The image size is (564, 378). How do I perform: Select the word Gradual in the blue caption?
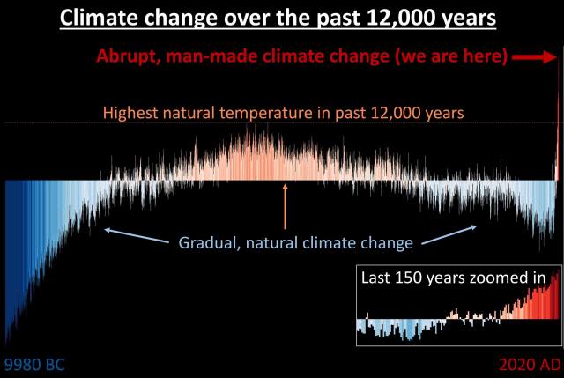tap(207, 242)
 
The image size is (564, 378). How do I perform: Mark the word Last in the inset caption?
tap(377, 278)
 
